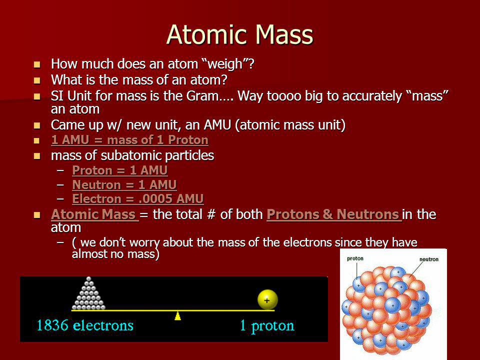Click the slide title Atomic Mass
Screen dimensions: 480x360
(x=239, y=34)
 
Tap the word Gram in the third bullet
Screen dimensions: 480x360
(x=202, y=96)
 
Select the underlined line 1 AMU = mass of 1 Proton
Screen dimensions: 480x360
(x=130, y=140)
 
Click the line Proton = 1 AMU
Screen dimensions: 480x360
(x=120, y=170)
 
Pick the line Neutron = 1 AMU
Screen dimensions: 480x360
(x=124, y=184)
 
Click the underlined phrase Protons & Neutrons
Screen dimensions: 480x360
(x=333, y=214)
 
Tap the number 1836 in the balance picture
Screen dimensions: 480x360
(x=52, y=325)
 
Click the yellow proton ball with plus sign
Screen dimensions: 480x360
(x=267, y=299)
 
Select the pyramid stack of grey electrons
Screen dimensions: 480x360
(x=88, y=293)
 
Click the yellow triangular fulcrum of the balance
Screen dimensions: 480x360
(x=177, y=316)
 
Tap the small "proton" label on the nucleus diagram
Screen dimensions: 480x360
(x=355, y=258)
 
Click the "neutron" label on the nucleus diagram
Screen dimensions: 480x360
(x=429, y=259)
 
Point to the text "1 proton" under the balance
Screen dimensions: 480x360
(x=267, y=325)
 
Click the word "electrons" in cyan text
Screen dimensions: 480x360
(x=103, y=325)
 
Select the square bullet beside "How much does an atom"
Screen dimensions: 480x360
(x=37, y=64)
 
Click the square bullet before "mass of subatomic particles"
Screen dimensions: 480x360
(x=37, y=156)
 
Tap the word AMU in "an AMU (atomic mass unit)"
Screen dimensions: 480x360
(x=217, y=125)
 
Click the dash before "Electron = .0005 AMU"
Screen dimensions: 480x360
(x=60, y=198)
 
